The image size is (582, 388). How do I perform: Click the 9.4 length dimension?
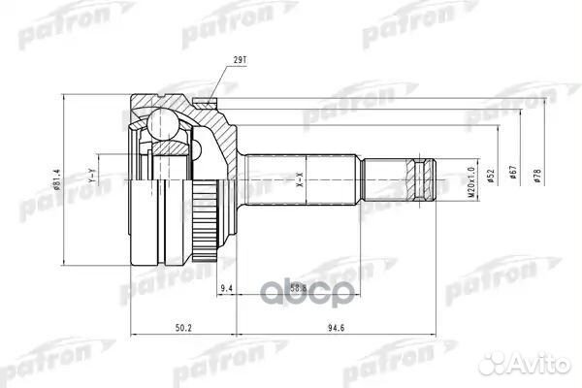226,288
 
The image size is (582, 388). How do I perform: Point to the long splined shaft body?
301,178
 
